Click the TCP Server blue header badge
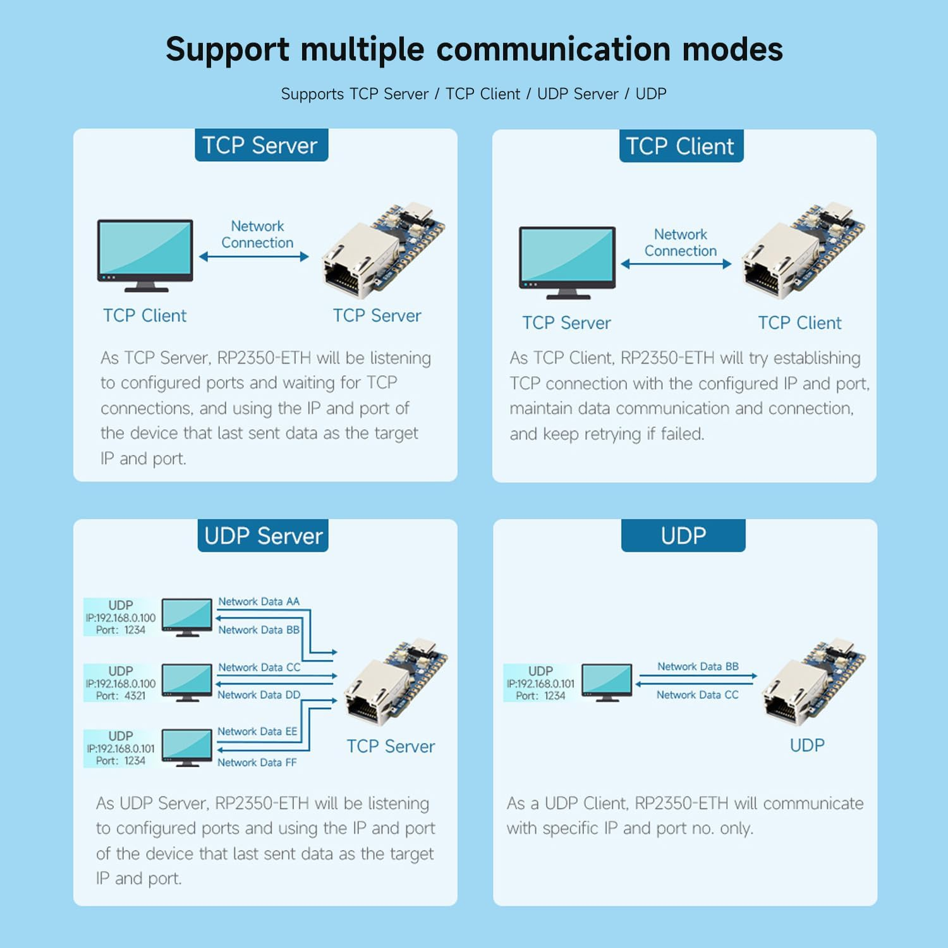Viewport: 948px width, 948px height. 261,145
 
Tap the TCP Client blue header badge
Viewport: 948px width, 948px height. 681,146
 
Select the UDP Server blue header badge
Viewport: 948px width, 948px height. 263,536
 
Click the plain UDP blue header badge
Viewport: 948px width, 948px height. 683,536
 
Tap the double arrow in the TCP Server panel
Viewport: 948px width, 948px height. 254,257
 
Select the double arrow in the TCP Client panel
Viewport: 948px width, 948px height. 676,264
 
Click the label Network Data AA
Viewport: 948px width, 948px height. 259,602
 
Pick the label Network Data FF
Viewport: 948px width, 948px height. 257,762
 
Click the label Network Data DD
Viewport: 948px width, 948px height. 259,695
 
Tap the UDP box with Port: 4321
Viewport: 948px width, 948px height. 121,683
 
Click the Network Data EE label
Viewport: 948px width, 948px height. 257,731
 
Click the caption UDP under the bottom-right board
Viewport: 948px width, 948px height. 807,745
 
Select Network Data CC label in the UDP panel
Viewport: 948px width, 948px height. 697,695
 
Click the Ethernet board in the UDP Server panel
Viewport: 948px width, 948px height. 395,683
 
